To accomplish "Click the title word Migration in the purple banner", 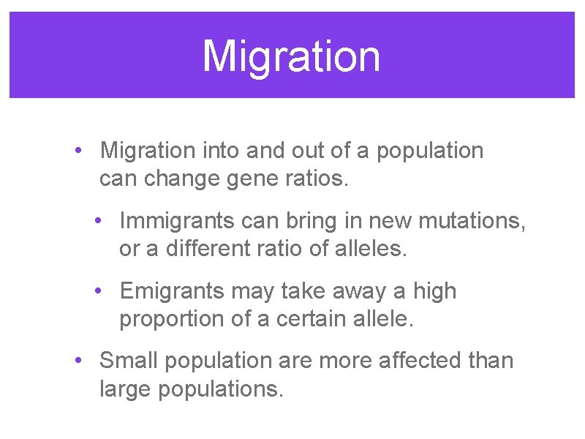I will click(x=292, y=56).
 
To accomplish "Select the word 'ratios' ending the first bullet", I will click(x=315, y=179).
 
